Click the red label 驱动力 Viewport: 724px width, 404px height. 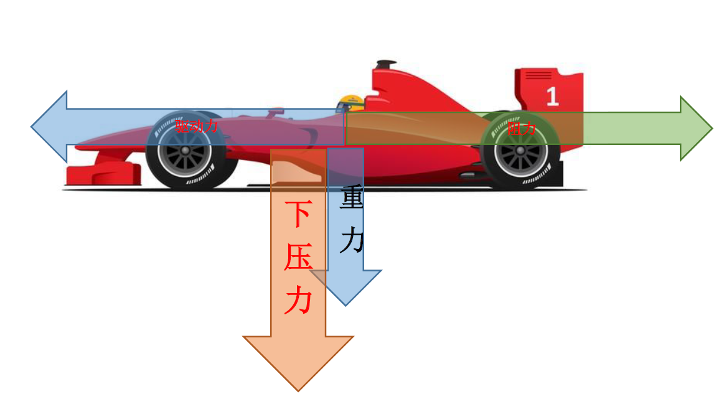(197, 127)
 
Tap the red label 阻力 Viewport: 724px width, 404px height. (522, 129)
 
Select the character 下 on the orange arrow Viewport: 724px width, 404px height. (298, 215)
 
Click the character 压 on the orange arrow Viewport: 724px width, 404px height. (298, 257)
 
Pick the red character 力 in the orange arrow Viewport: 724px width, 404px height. (298, 301)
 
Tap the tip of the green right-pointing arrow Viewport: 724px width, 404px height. (711, 128)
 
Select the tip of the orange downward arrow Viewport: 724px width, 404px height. (298, 390)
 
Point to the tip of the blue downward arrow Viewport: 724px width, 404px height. (346, 304)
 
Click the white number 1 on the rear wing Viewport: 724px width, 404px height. (552, 96)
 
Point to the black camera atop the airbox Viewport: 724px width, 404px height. (386, 63)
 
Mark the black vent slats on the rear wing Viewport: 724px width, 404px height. (538, 75)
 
